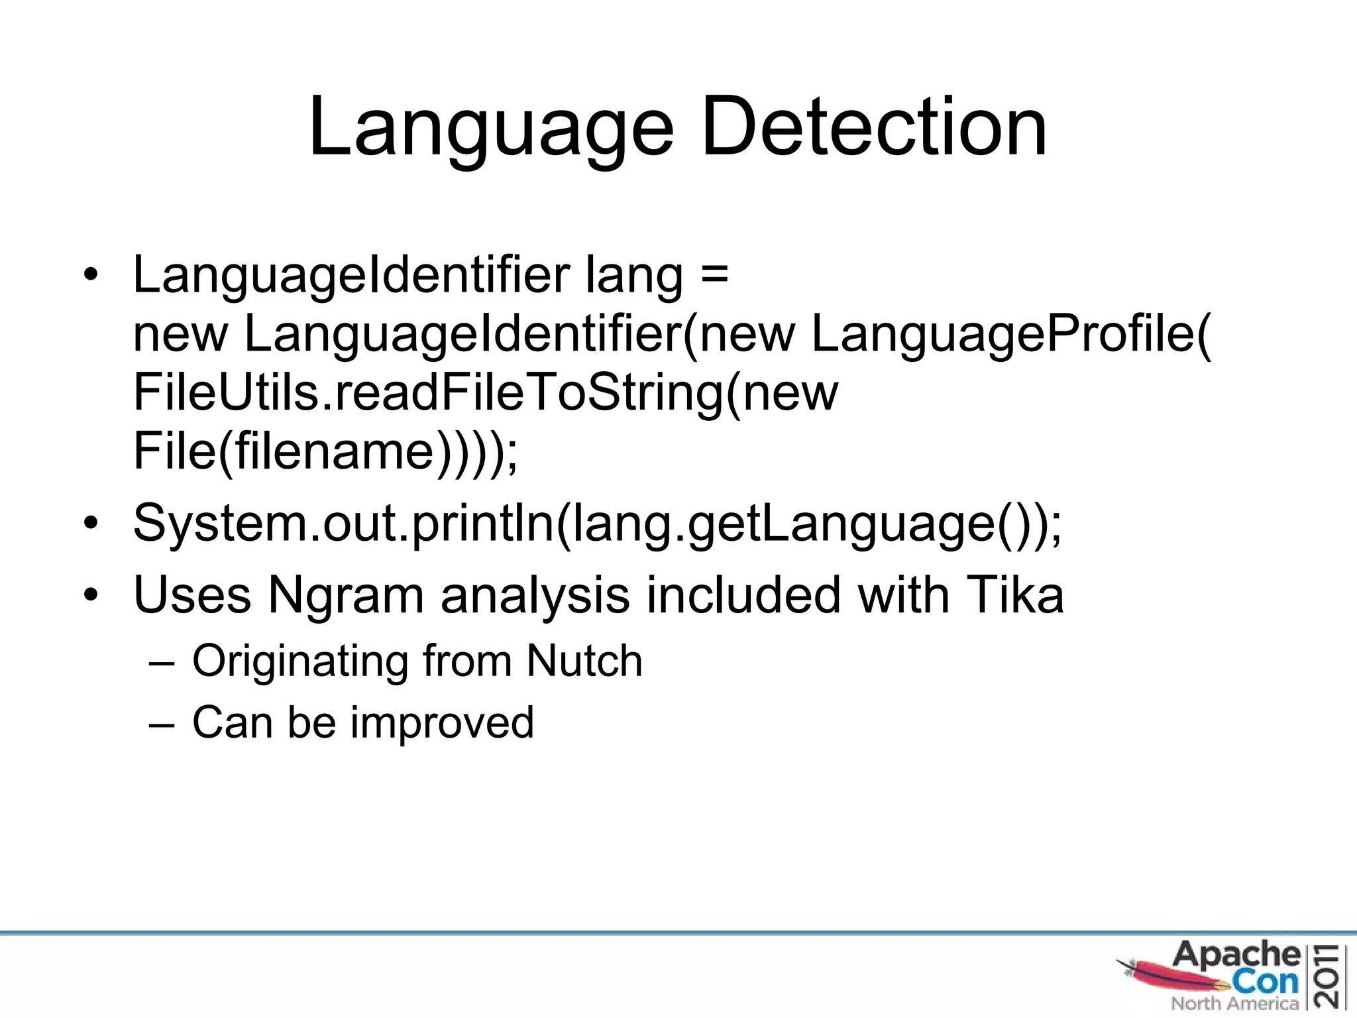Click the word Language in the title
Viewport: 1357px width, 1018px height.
tap(491, 127)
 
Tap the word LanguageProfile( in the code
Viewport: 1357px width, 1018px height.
tap(1010, 333)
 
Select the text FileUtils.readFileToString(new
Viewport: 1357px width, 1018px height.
tap(485, 392)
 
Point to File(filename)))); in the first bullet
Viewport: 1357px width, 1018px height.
tap(325, 451)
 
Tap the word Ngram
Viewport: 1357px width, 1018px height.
tap(345, 594)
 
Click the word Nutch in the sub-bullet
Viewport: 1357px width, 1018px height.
tap(584, 661)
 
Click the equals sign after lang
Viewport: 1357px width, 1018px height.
tap(714, 274)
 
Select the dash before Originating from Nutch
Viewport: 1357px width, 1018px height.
tap(162, 662)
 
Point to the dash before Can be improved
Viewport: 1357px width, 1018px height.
tap(162, 723)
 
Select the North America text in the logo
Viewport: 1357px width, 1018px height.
tap(1234, 1003)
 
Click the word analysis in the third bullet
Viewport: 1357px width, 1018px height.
tap(535, 594)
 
